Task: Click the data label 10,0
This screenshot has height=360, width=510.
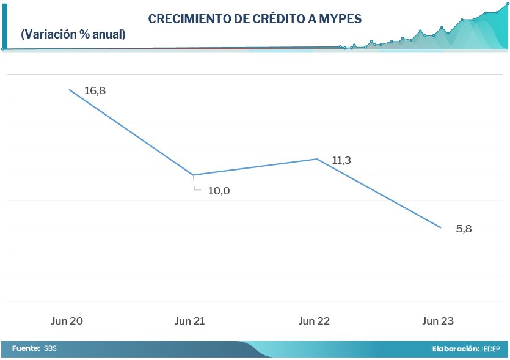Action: (219, 191)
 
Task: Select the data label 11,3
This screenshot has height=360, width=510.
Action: (343, 161)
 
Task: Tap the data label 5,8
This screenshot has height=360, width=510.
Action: (464, 229)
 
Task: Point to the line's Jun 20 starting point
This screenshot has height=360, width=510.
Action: (69, 90)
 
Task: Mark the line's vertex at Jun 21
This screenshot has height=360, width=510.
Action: (193, 175)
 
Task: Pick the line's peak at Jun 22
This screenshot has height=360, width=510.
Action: (317, 159)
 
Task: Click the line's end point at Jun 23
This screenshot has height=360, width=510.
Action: (441, 228)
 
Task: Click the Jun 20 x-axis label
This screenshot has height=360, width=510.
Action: (68, 321)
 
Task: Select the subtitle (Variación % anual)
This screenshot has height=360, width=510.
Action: (73, 35)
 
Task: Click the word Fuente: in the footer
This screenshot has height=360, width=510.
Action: (26, 348)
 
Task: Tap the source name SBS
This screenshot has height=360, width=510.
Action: (51, 348)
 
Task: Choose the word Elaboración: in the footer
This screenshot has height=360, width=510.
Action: (455, 348)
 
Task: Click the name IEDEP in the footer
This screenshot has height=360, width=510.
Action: (492, 348)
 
